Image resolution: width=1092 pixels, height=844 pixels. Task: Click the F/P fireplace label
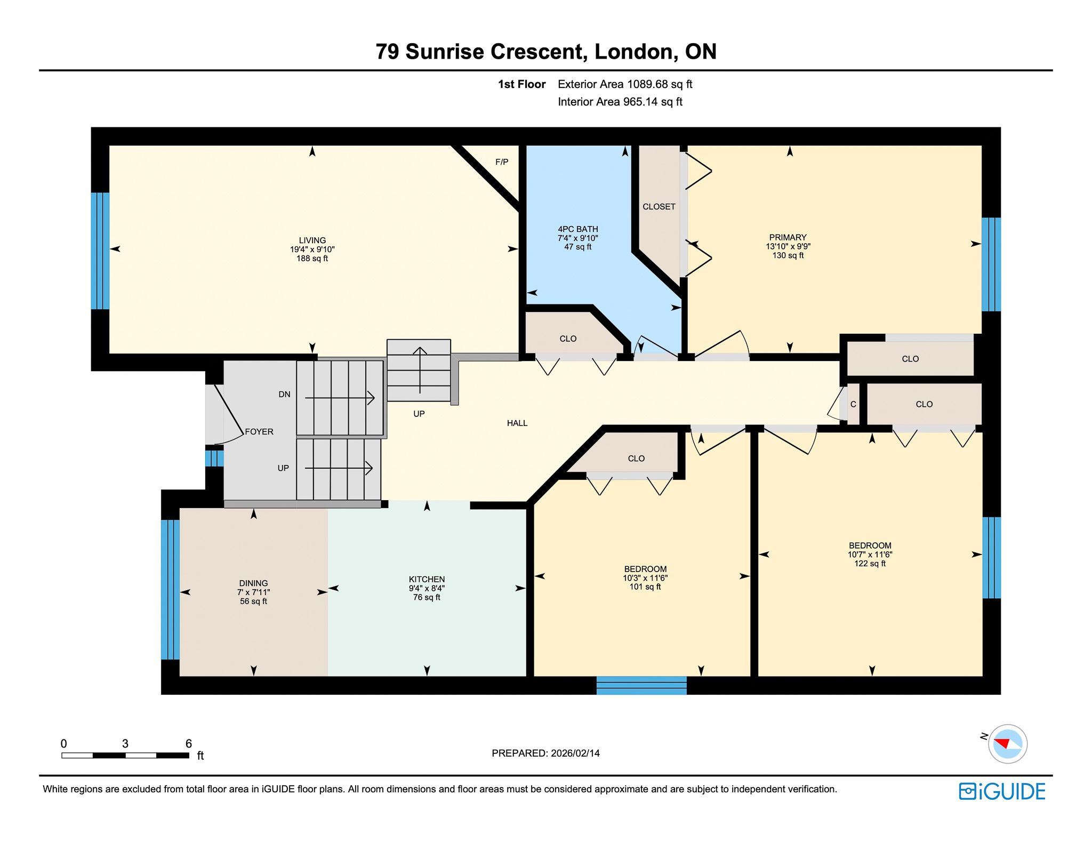[502, 162]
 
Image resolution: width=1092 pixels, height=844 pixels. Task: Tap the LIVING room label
[312, 240]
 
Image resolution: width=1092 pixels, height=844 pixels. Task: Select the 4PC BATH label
[578, 229]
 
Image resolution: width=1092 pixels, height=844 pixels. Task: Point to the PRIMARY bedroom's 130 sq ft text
[788, 255]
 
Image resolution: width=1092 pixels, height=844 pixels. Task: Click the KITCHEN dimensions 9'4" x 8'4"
[427, 589]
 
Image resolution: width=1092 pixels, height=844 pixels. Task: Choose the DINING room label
[253, 583]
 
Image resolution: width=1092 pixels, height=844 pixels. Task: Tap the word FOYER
[259, 432]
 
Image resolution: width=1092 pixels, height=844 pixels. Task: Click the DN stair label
[284, 395]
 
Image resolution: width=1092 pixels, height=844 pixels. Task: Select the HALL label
[517, 423]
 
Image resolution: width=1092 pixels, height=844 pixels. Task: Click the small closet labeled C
[853, 404]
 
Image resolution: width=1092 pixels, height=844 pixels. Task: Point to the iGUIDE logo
[1002, 792]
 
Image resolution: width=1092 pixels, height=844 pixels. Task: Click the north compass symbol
[1007, 744]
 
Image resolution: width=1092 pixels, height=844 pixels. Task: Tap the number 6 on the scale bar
[189, 743]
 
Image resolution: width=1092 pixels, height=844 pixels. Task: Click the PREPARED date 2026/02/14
[575, 753]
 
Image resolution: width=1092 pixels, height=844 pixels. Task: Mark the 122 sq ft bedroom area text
[870, 564]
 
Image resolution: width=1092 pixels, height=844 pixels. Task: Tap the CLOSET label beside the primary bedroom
[659, 207]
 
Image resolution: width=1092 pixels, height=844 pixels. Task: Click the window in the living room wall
[100, 251]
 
